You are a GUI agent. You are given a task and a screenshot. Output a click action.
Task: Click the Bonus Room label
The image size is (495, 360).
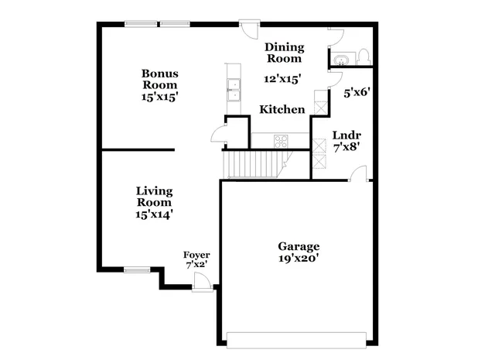[159, 79]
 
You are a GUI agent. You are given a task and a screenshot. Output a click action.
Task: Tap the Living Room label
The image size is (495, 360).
[154, 196]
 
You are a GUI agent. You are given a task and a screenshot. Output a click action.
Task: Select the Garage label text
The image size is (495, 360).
[299, 246]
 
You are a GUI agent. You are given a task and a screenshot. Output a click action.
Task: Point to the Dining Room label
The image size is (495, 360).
[284, 53]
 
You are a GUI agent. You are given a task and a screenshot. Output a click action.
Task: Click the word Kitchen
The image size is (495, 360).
[282, 110]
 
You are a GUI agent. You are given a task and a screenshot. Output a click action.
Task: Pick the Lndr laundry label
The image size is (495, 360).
[343, 133]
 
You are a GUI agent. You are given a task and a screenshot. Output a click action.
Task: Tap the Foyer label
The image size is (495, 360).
[196, 255]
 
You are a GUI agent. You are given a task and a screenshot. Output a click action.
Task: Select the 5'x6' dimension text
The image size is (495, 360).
[357, 91]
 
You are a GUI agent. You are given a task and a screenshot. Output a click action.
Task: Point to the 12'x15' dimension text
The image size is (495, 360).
[282, 78]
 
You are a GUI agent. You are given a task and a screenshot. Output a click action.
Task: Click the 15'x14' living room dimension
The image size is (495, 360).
[154, 214]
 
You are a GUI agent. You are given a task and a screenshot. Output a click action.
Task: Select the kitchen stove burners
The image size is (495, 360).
[281, 140]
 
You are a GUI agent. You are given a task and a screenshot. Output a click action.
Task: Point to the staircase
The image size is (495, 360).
[251, 164]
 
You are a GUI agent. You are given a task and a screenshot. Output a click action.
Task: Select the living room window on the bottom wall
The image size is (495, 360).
[137, 270]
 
